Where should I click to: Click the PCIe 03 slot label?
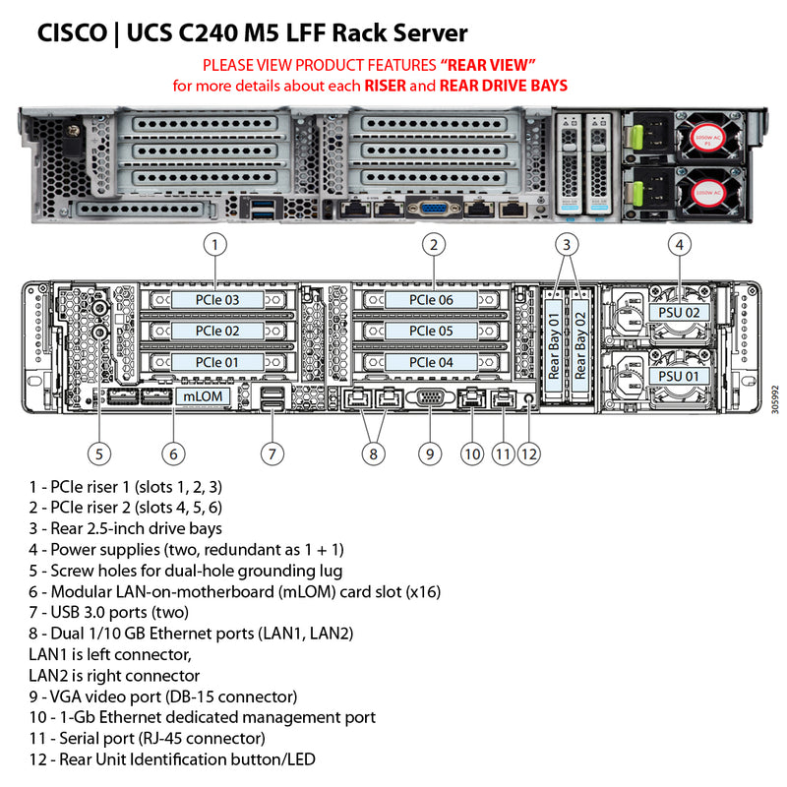pos(216,299)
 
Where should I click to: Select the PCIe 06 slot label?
pos(431,299)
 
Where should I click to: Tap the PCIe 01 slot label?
pos(216,362)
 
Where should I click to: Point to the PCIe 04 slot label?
pos(431,362)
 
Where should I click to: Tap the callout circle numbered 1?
pos(216,243)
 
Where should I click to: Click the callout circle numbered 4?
pos(679,243)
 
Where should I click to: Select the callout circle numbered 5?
pos(97,454)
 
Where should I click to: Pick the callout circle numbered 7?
pos(272,454)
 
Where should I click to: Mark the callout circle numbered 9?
pos(429,454)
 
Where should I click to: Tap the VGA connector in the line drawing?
pos(430,398)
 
